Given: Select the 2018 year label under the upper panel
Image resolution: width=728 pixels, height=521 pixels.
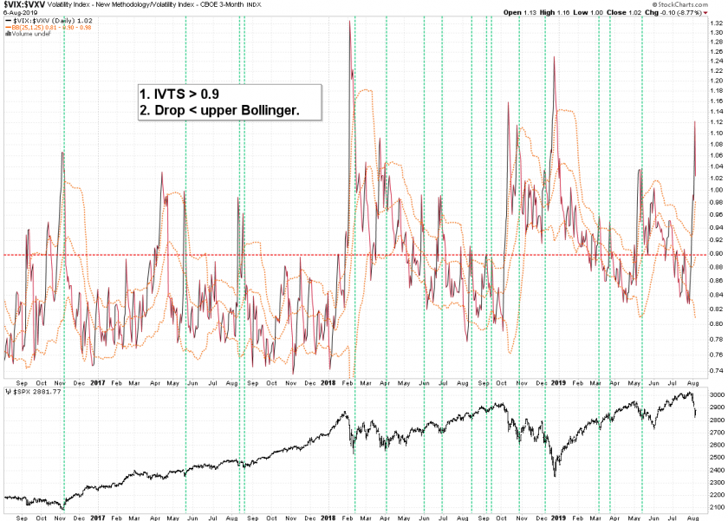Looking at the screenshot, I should coord(329,381).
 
